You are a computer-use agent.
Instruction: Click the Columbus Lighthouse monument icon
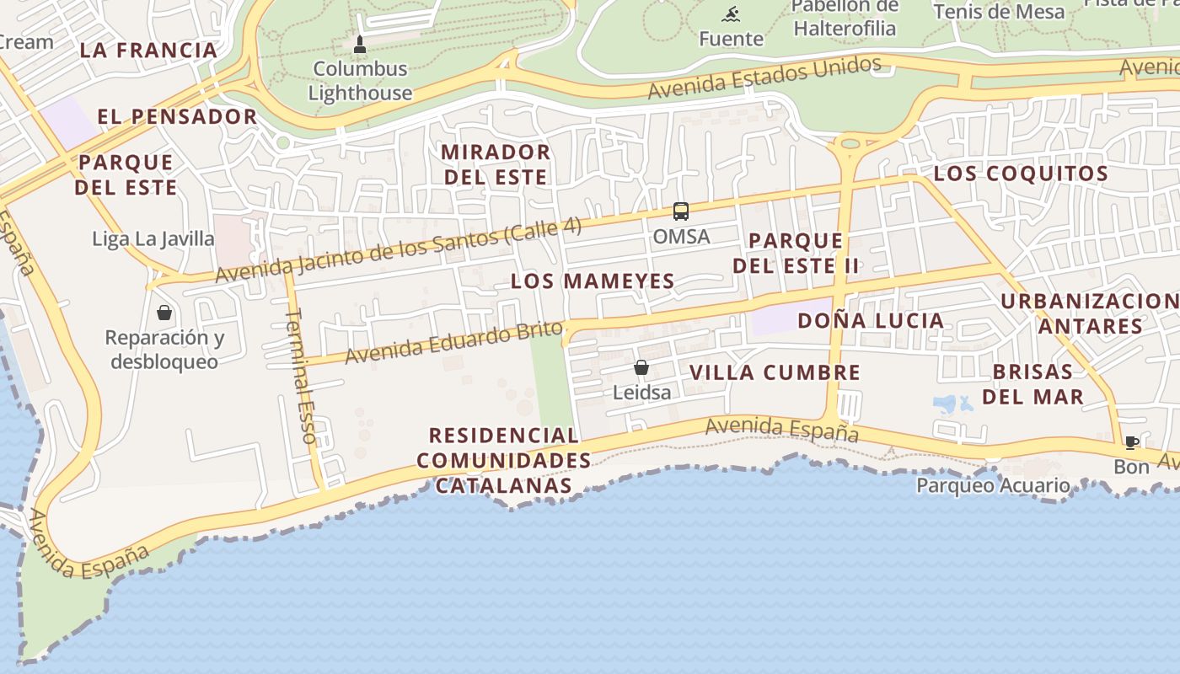coord(360,45)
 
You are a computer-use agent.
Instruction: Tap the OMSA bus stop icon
coord(681,211)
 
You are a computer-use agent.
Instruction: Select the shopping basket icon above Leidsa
coord(641,367)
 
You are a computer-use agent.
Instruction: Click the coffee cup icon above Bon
coord(1132,442)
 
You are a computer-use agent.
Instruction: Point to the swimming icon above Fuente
coord(731,13)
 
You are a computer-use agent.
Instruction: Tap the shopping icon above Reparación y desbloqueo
coord(164,313)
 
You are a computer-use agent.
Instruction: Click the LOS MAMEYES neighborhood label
coord(593,281)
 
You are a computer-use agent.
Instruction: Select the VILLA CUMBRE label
coord(775,372)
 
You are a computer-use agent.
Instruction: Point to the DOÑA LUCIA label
coord(871,320)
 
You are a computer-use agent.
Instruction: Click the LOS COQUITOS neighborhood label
coord(1021,174)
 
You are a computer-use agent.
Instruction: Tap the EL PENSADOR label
coord(177,116)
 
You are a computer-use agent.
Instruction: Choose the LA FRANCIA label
coord(149,50)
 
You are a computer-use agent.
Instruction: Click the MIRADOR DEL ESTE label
coord(496,164)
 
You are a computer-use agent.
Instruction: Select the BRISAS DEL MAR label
coord(1032,384)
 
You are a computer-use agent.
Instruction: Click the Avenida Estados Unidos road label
coord(764,78)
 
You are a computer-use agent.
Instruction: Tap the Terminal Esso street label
coord(302,376)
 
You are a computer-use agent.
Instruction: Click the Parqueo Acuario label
coord(993,485)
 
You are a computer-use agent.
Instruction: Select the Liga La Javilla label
coord(153,238)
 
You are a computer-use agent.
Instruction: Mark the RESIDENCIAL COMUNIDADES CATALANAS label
coord(504,460)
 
